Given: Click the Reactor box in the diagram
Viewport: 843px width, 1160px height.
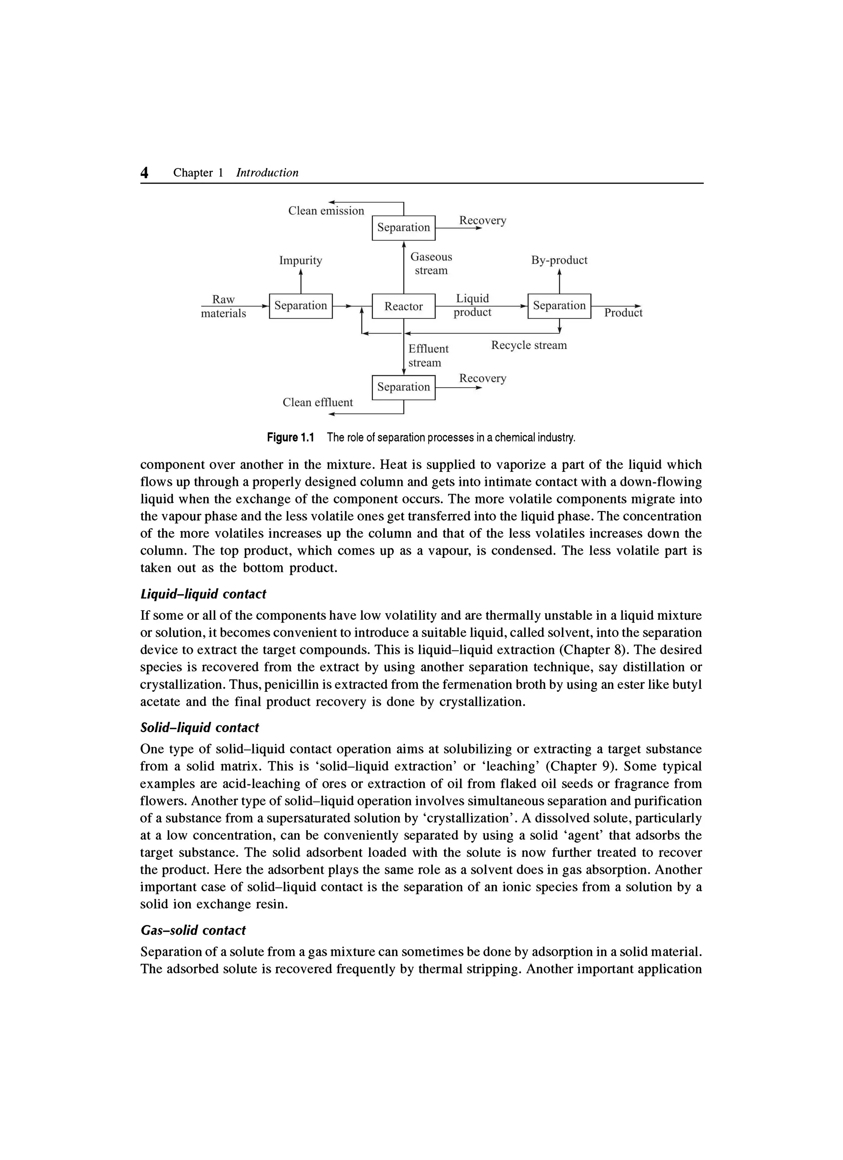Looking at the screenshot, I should (403, 306).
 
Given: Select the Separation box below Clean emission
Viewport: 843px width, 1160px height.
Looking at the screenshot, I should (403, 228).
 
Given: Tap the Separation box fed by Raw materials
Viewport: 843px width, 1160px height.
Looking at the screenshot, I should (300, 306).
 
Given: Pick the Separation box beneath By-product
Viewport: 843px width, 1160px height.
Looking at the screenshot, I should (559, 306).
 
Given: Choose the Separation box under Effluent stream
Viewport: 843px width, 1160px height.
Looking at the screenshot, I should (403, 387).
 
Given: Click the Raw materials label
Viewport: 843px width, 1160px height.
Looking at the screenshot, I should (224, 306).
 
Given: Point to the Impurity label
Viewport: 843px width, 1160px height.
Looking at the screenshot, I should (300, 260).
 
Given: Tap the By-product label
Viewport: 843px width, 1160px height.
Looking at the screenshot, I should (559, 260).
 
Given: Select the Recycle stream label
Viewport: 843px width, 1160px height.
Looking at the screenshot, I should (529, 345).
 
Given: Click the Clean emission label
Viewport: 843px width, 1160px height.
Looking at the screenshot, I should (326, 211).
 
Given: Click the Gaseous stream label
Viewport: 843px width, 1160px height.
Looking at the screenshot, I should (431, 264).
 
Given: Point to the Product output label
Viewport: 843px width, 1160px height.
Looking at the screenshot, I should (623, 313).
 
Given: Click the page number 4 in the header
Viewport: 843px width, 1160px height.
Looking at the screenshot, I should (144, 173).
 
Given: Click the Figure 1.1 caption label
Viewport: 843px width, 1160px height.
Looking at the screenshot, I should (290, 438).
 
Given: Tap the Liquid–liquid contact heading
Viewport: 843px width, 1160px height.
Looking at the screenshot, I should (203, 594).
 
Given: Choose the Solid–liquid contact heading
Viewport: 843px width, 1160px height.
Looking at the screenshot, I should (199, 727).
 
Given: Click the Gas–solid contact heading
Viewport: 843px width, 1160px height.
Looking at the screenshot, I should (193, 930).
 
